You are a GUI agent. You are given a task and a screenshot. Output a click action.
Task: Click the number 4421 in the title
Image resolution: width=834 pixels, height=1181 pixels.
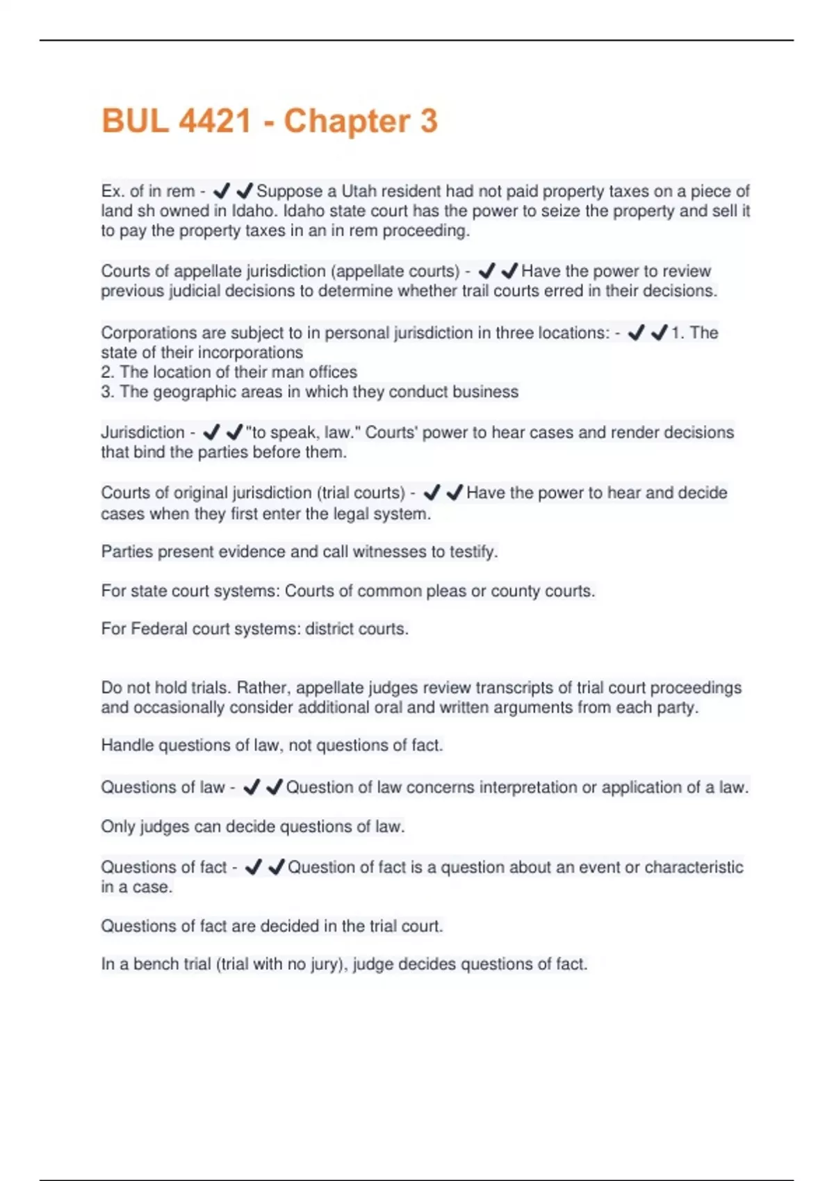[x=214, y=121]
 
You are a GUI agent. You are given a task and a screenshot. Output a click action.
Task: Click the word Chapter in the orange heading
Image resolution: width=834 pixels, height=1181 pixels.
[x=347, y=121]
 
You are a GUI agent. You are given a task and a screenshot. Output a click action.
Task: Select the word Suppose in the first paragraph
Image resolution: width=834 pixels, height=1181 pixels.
[x=289, y=191]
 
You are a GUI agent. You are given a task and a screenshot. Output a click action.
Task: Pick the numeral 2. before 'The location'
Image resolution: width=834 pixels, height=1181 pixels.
[x=108, y=372]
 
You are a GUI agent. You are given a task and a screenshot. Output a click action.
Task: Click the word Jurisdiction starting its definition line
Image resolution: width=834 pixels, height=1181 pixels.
[x=142, y=432]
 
